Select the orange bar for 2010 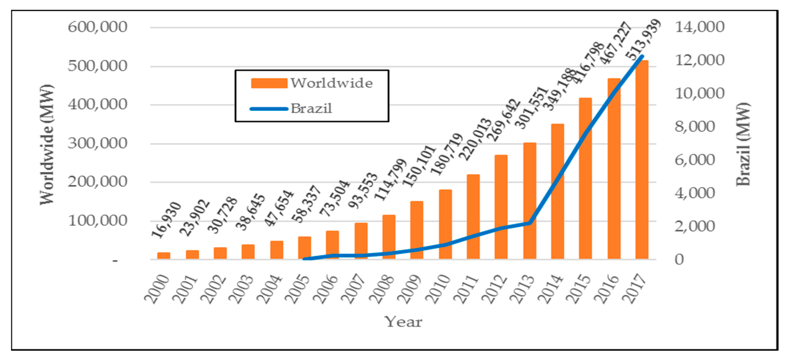pyautogui.click(x=445, y=224)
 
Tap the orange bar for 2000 pyautogui.click(x=164, y=256)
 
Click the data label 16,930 pyautogui.click(x=167, y=220)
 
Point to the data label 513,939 pyautogui.click(x=644, y=39)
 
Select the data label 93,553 pyautogui.click(x=363, y=190)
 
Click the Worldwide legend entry pyautogui.click(x=312, y=83)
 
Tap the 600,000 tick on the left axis pyautogui.click(x=97, y=27)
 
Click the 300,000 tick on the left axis pyautogui.click(x=97, y=143)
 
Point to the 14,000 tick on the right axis pyautogui.click(x=700, y=27)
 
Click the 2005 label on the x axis pyautogui.click(x=297, y=289)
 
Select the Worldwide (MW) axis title pyautogui.click(x=47, y=144)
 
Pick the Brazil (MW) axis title pyautogui.click(x=743, y=144)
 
